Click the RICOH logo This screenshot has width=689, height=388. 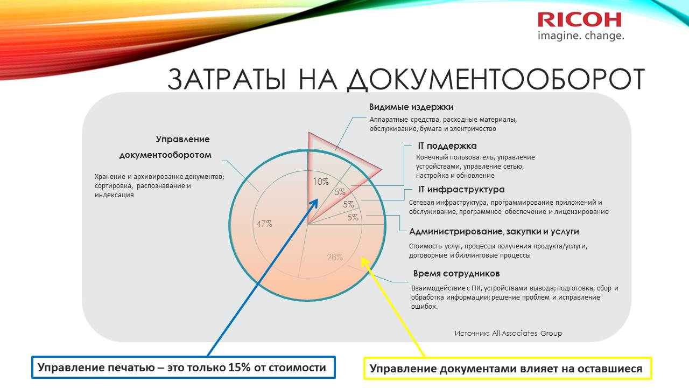pos(580,20)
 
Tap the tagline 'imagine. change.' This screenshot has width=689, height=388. pos(581,36)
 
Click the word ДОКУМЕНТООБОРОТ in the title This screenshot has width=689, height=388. pos(495,79)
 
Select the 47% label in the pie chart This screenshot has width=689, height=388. pos(264,224)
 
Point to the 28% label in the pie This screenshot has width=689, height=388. pos(335,257)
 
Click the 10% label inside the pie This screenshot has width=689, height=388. pos(321,182)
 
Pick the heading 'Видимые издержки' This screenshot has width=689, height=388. pos(411,107)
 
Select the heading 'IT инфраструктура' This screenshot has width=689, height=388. pos(461,189)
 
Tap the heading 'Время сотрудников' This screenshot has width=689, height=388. pos(456,273)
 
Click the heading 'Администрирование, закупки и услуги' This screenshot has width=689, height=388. pos(494,232)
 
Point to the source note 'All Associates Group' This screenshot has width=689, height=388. pos(527,333)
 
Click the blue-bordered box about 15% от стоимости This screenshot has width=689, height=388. pos(184,367)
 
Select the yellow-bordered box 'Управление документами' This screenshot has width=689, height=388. pos(508,368)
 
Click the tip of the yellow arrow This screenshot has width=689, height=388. pos(361,258)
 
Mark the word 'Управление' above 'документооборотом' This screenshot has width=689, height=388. pos(182,139)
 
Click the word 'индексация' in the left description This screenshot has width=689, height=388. pos(114,195)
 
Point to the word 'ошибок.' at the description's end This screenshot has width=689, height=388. pos(424,307)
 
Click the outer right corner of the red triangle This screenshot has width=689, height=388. pos(382,169)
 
